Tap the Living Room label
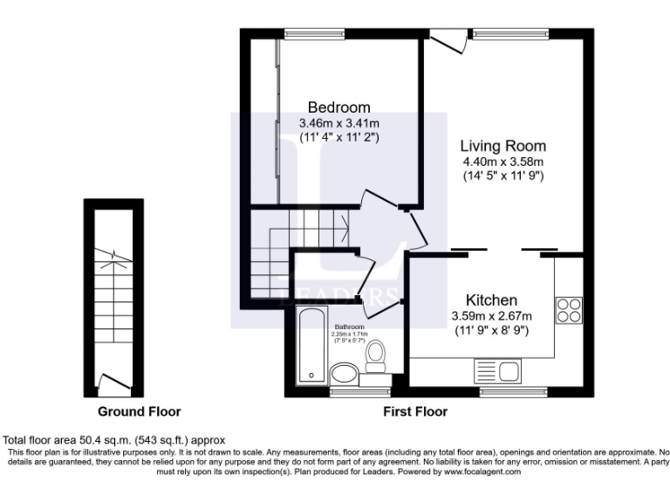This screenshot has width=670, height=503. point(502,146)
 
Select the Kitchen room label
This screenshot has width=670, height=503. point(490,300)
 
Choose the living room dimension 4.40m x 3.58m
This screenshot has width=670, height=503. point(502,162)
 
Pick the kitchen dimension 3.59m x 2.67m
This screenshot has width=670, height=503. point(490,315)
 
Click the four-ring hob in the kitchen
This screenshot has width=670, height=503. point(569,311)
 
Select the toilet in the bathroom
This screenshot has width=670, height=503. point(376,358)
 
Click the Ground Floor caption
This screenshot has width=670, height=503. point(139,411)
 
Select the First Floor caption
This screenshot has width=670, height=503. point(415,411)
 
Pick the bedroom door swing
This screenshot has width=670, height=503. point(378,203)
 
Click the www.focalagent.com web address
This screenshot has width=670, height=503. point(471,471)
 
